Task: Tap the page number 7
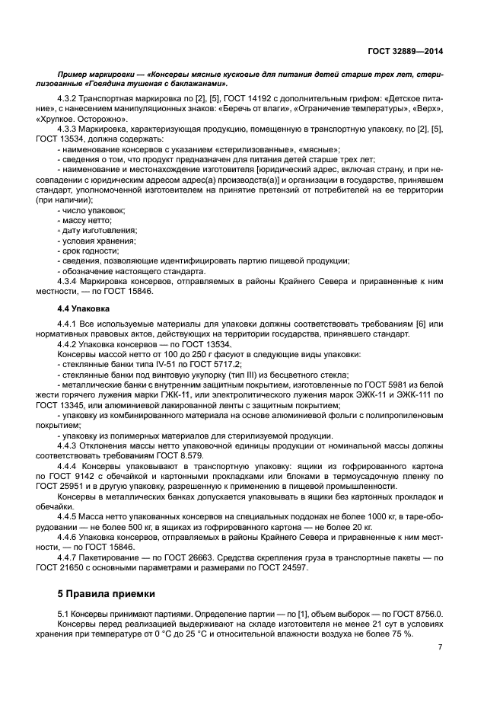pyautogui.click(x=441, y=647)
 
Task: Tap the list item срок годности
pyautogui.click(x=88, y=250)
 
